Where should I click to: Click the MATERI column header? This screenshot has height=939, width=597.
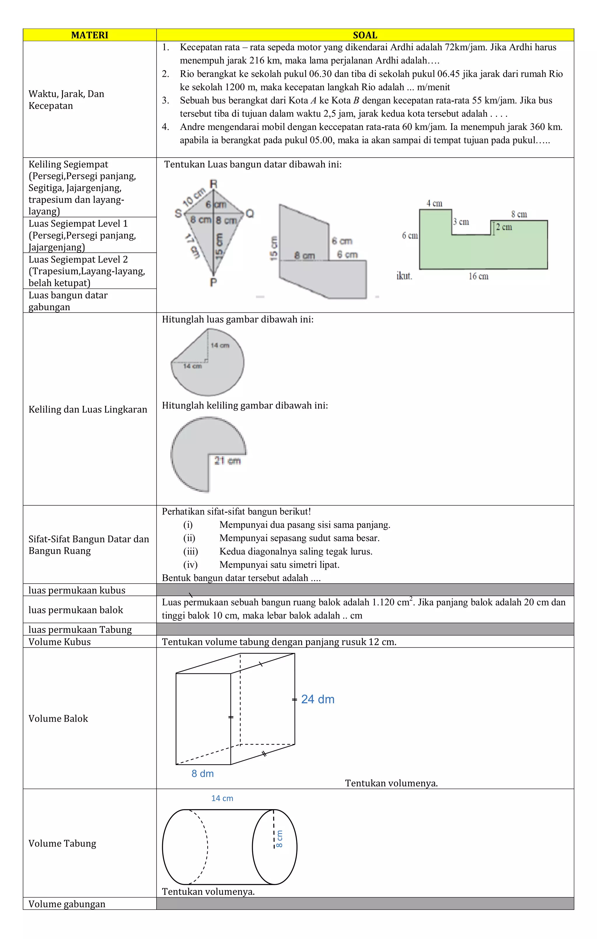tap(89, 35)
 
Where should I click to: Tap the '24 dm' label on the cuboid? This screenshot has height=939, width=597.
tap(318, 699)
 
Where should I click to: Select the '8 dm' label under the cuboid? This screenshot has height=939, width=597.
tap(203, 774)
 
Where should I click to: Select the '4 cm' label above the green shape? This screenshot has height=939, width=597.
tap(434, 203)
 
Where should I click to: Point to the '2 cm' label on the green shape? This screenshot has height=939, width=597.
tap(504, 227)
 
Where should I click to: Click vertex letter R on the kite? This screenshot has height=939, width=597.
tap(214, 184)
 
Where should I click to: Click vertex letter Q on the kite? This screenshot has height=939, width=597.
tap(250, 213)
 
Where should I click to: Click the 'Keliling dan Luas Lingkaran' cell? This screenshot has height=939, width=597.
tap(88, 409)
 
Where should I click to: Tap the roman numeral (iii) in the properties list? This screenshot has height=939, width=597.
tap(191, 551)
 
